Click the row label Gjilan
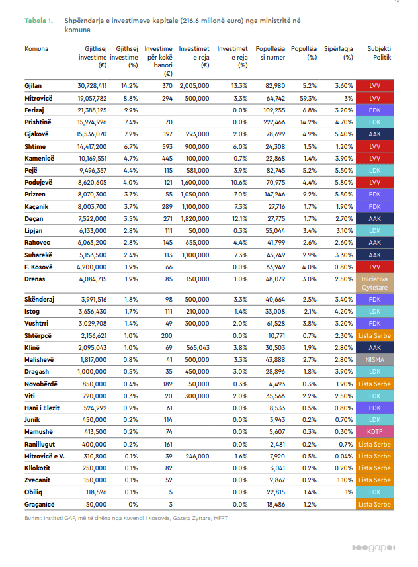tap(34, 86)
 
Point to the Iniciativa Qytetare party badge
tap(375, 284)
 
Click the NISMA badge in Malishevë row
tap(375, 359)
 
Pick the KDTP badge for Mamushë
tap(375, 431)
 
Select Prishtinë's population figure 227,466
tap(271, 122)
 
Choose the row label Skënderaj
tap(40, 300)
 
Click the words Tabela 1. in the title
tap(39, 21)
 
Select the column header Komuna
tap(36, 49)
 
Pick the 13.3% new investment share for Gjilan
tap(239, 86)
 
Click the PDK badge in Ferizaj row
tap(375, 110)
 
